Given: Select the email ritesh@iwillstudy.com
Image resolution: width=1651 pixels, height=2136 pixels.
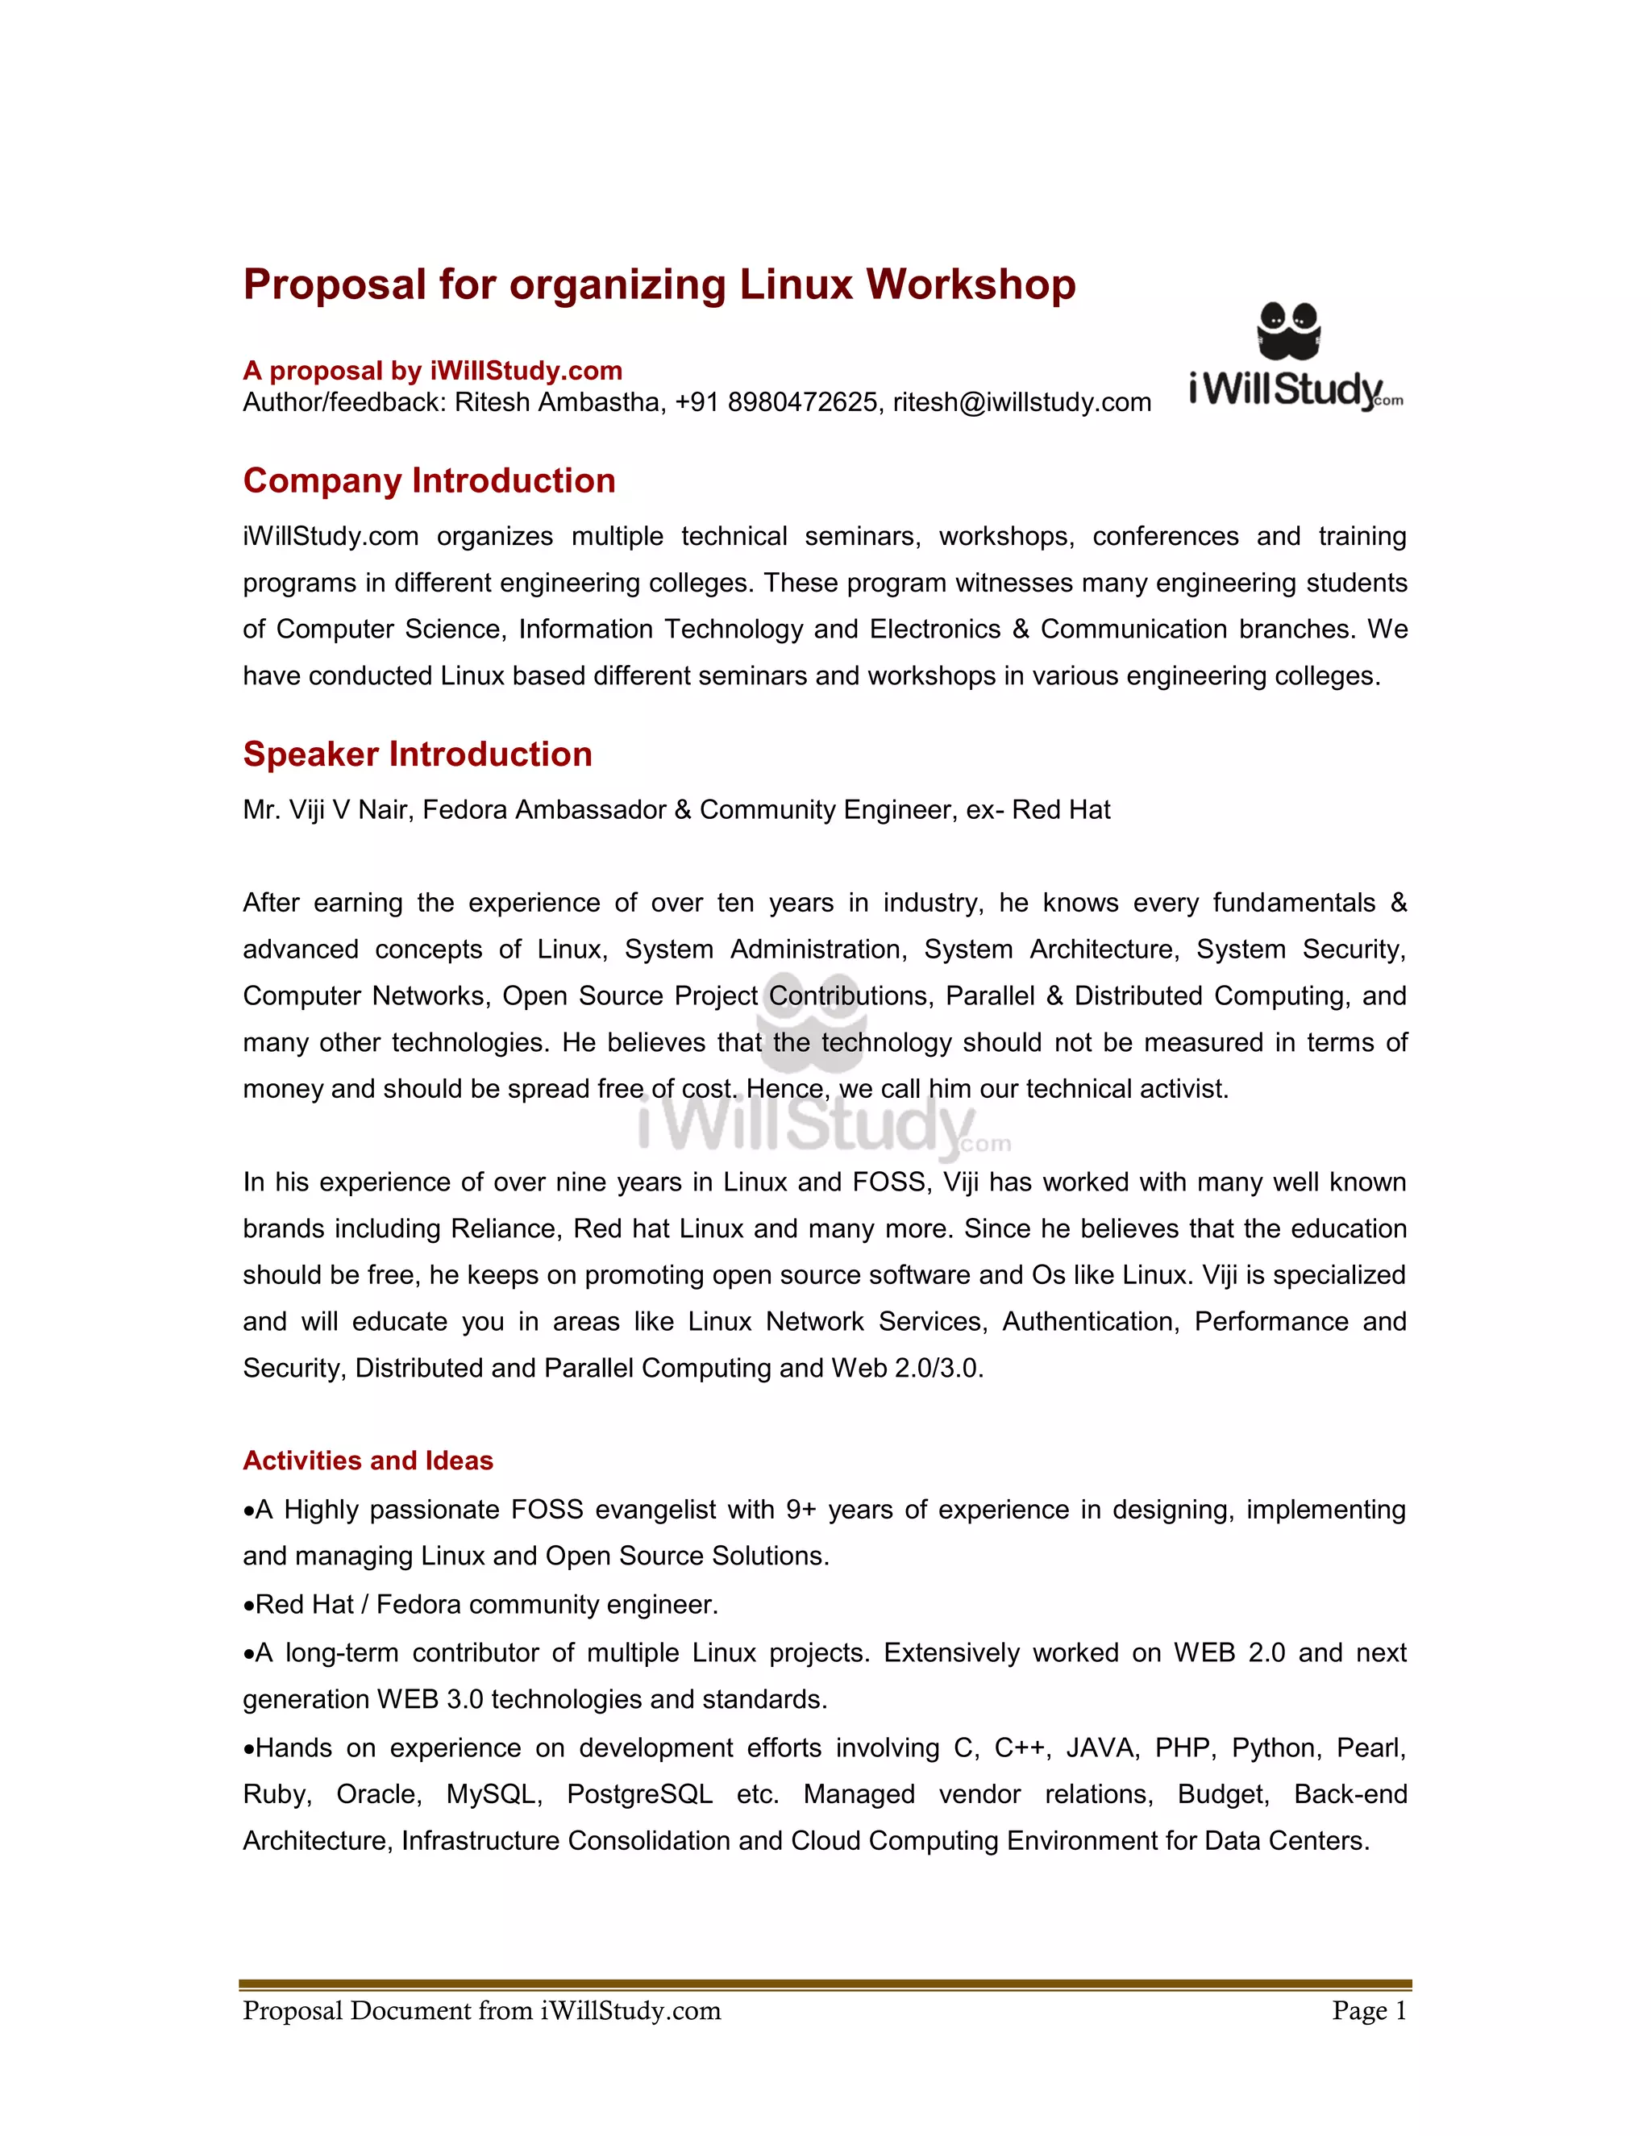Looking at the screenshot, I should point(1021,403).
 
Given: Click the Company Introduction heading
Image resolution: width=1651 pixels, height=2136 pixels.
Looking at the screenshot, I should point(428,481).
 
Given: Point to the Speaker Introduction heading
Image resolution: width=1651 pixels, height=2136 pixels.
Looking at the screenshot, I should point(417,754).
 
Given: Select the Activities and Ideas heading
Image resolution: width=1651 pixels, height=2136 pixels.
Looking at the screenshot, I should point(368,1461).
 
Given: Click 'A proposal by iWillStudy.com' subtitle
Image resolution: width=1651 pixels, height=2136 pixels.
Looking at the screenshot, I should point(432,371).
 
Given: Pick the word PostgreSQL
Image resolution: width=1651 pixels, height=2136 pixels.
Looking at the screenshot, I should point(638,1793).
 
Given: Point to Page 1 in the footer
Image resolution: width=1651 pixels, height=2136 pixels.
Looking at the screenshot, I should point(1368,2011).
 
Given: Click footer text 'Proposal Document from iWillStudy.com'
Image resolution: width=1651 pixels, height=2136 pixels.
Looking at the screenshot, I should point(481,2011).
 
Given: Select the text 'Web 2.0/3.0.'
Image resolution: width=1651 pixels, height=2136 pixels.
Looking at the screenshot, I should point(907,1369).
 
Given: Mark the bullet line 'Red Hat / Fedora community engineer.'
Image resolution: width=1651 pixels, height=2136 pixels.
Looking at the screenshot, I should point(485,1605).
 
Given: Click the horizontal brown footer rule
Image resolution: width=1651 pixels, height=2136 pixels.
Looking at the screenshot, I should point(825,1985).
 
